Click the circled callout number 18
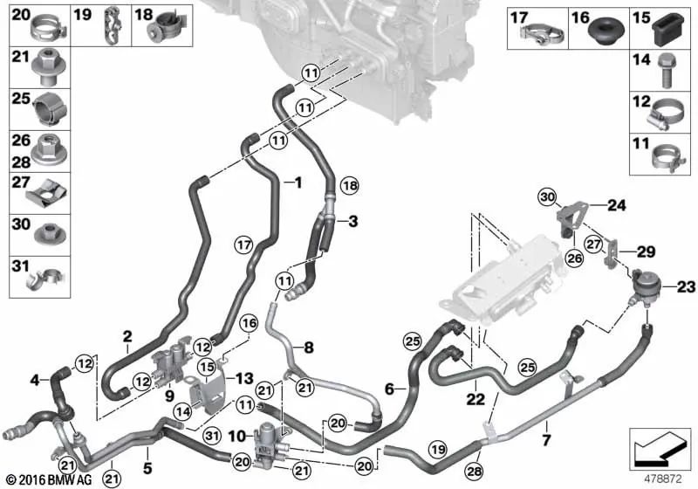pyautogui.click(x=350, y=185)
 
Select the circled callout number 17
pyautogui.click(x=243, y=244)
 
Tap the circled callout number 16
pyautogui.click(x=249, y=323)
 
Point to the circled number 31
pyautogui.click(x=211, y=435)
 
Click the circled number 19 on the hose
pyautogui.click(x=438, y=449)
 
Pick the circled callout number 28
pyautogui.click(x=474, y=471)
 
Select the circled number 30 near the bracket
pyautogui.click(x=548, y=196)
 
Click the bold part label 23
pyautogui.click(x=686, y=287)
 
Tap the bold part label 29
pyautogui.click(x=646, y=252)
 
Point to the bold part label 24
pyautogui.click(x=617, y=205)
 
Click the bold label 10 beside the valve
pyautogui.click(x=236, y=436)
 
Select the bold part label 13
pyautogui.click(x=244, y=379)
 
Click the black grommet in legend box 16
pyautogui.click(x=607, y=31)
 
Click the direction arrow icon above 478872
pyautogui.click(x=660, y=451)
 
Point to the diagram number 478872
pyautogui.click(x=663, y=479)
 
